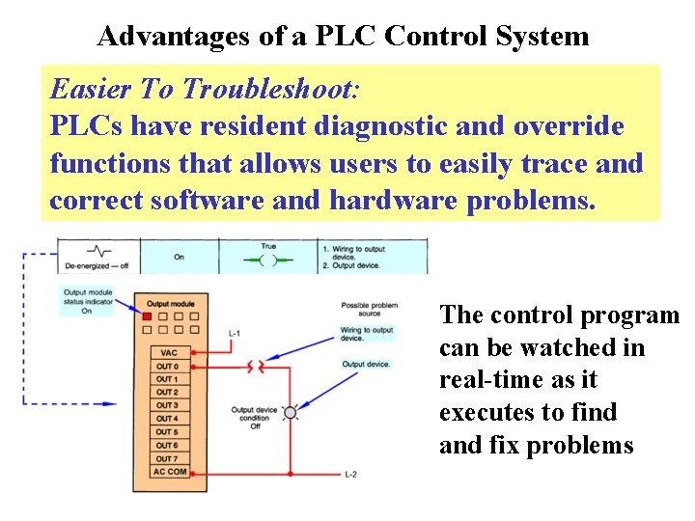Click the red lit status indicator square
147,316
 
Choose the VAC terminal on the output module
167,353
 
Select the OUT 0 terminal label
167,367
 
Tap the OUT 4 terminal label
167,419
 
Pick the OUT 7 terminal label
167,458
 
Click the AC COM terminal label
170,472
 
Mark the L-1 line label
235,334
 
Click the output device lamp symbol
291,412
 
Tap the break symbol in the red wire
256,367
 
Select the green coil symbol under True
267,260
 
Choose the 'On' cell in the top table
179,258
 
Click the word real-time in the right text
490,379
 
